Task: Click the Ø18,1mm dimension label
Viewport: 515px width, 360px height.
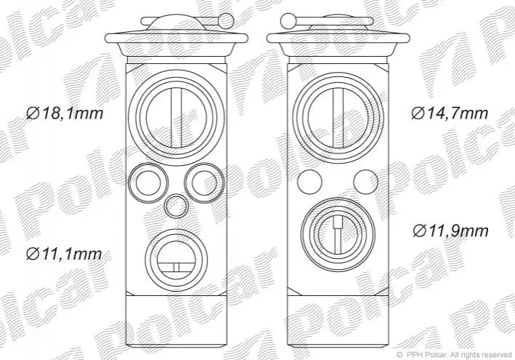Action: pyautogui.click(x=65, y=113)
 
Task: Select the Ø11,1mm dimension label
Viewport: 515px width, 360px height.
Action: pyautogui.click(x=64, y=254)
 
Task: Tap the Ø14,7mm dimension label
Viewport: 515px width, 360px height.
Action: pyautogui.click(x=450, y=113)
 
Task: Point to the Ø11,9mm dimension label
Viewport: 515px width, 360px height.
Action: pyautogui.click(x=451, y=231)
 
